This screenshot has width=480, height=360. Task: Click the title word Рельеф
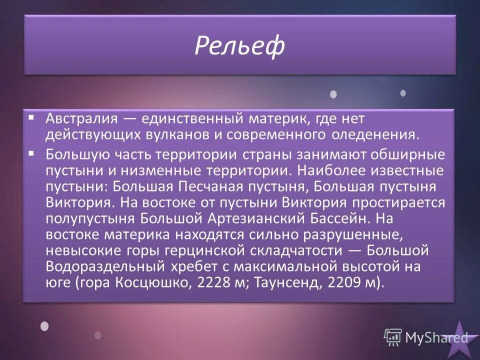click(x=239, y=45)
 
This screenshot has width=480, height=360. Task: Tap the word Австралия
click(x=81, y=119)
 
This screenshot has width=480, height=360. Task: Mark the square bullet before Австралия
click(x=31, y=118)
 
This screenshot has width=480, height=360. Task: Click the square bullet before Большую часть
click(x=31, y=152)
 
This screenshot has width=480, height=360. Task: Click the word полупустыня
click(x=90, y=219)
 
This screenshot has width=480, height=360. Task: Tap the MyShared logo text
click(x=427, y=337)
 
